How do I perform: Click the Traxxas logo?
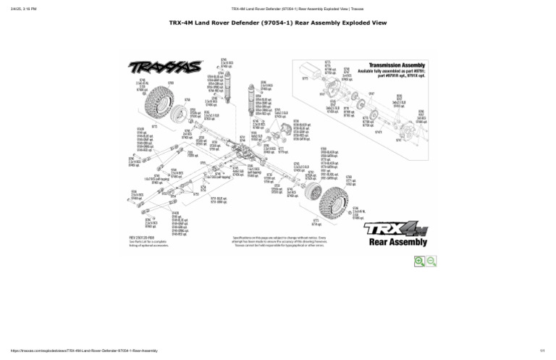pos(165,67)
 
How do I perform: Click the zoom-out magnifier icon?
pos(431,261)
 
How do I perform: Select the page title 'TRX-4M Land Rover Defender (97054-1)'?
pos(277,23)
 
